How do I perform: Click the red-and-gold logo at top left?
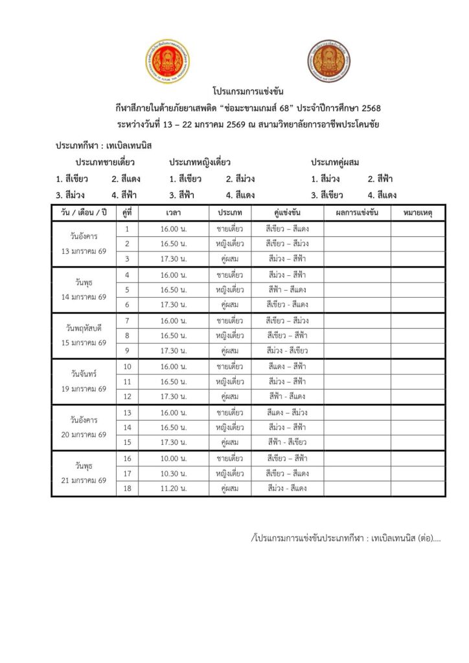point(167,62)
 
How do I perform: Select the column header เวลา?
point(173,212)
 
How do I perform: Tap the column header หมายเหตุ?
point(418,212)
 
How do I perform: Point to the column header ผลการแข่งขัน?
point(358,212)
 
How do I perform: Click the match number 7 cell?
point(128,320)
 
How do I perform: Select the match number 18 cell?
point(128,488)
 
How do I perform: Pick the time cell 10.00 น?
point(173,458)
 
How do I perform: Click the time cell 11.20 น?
point(173,488)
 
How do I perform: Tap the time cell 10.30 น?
point(173,473)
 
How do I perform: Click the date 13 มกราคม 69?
point(84,251)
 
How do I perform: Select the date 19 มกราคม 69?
point(84,388)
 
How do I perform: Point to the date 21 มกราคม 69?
point(84,480)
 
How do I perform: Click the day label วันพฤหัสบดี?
point(84,328)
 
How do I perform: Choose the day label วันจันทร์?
point(84,374)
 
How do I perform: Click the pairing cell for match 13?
point(287,412)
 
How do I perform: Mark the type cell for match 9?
point(230,350)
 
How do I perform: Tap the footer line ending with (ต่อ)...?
point(345,538)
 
